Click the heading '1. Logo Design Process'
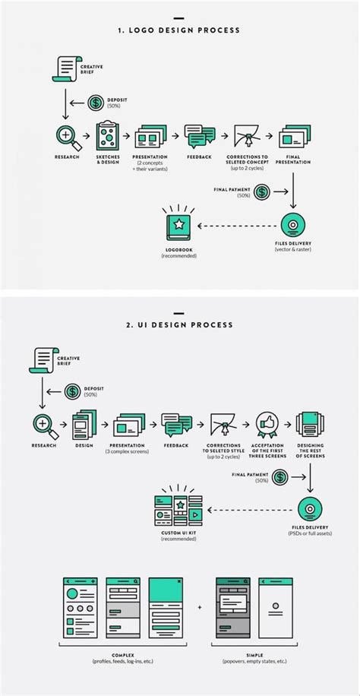click(x=179, y=30)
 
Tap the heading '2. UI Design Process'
click(x=179, y=325)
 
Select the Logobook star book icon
click(x=178, y=226)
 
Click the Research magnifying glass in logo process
click(x=65, y=136)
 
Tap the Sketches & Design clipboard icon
click(x=108, y=137)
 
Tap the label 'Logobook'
click(x=178, y=250)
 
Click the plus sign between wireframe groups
click(x=200, y=608)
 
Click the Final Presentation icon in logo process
click(x=293, y=137)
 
